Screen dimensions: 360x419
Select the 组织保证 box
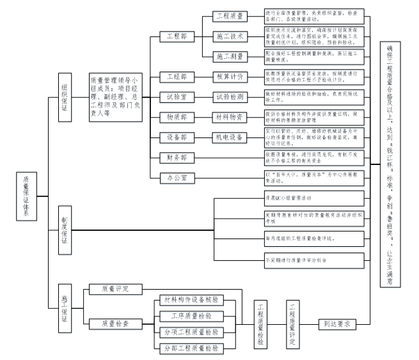click(x=65, y=97)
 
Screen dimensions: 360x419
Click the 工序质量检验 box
click(x=188, y=316)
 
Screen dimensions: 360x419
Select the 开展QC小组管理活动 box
click(x=313, y=198)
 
